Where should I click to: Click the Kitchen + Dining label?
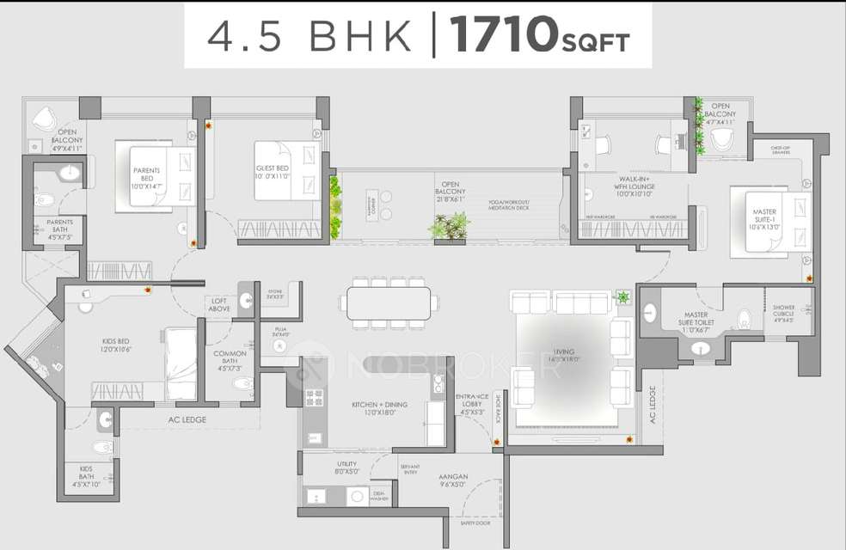pos(379,408)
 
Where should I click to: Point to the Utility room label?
pos(347,467)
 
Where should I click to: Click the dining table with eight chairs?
pos(389,302)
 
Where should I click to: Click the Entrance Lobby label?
pos(473,404)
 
